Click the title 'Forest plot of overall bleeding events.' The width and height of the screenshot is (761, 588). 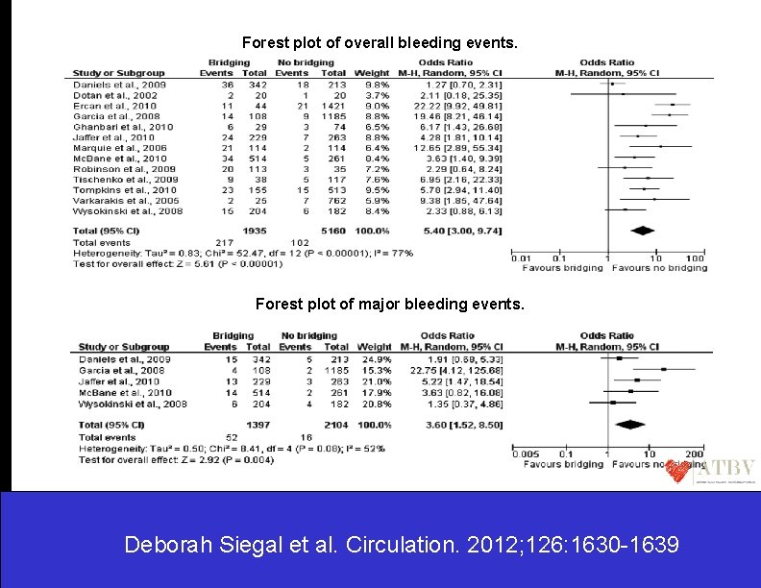coord(380,43)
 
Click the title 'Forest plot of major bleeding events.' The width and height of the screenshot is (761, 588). coord(390,304)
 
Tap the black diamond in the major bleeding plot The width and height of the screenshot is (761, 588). coord(629,424)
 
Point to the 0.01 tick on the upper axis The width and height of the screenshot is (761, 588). coord(520,258)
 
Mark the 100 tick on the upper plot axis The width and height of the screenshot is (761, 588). coord(694,258)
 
